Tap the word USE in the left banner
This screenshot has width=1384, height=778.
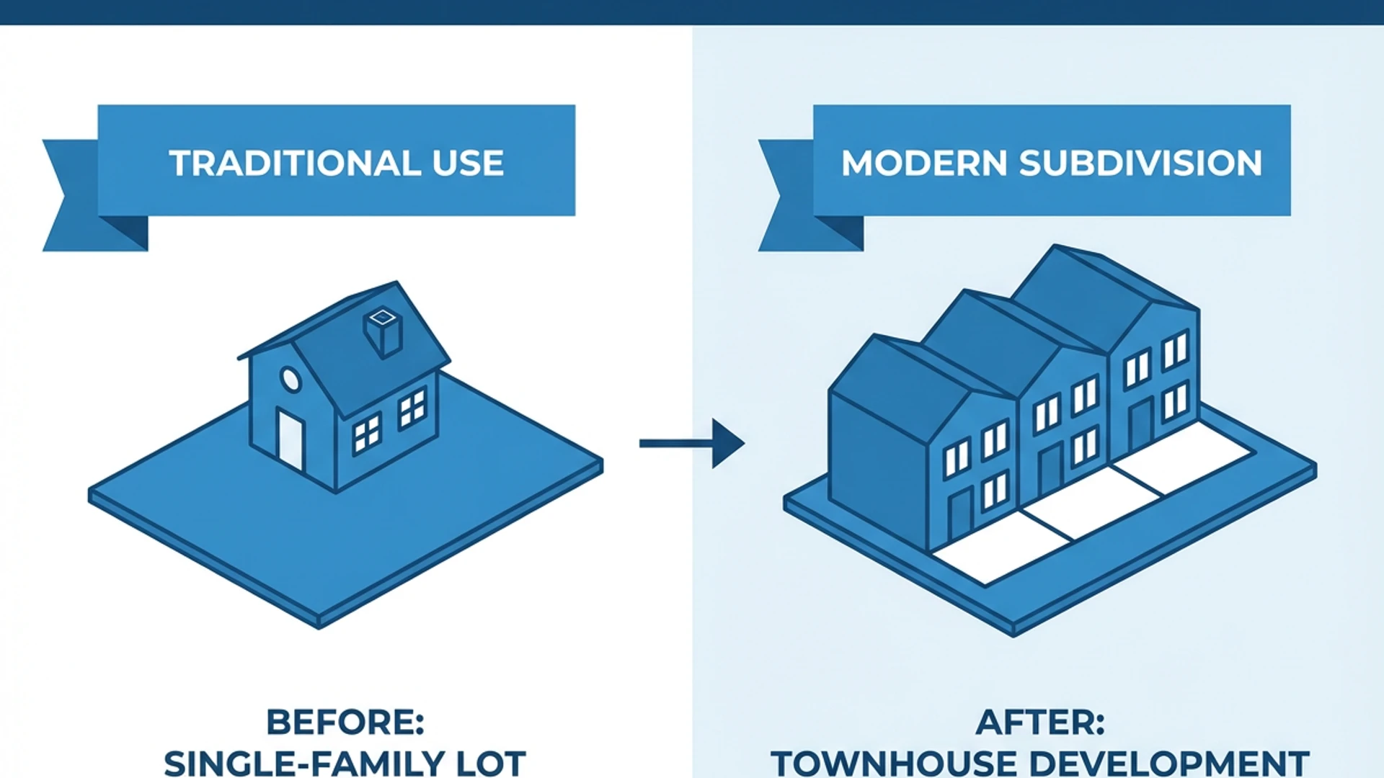coord(468,163)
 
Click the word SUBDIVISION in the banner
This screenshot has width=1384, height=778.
coord(1140,163)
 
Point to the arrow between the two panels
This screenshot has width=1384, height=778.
coord(692,443)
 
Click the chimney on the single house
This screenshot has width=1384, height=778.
coord(383,333)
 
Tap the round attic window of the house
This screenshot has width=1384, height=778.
coord(290,379)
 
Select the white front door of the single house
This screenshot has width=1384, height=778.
coord(290,439)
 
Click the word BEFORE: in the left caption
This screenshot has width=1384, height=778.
coord(345,722)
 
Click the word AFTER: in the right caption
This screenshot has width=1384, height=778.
coord(1040,722)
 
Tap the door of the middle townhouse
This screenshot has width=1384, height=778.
coord(1050,470)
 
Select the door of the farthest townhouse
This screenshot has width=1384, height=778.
coord(1140,425)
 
